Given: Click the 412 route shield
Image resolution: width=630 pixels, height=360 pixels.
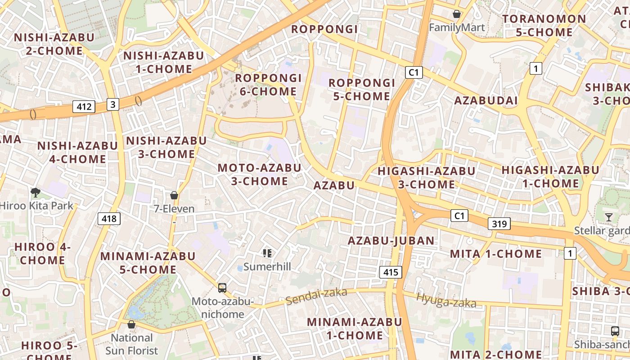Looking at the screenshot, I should click(84, 107).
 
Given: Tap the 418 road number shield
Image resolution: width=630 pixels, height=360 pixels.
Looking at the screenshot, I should click(109, 219).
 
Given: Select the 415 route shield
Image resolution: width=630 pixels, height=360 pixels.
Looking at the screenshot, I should click(390, 272).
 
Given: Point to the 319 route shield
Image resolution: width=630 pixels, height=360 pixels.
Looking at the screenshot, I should click(499, 224).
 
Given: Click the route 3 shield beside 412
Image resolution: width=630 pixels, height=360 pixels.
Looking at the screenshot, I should click(113, 104).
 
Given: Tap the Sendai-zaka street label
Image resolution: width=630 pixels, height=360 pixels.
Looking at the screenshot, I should click(316, 296).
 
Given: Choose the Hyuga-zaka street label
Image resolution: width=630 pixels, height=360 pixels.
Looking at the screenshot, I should click(446, 300).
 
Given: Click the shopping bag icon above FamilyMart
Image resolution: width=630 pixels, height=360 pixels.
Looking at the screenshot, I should click(457, 14).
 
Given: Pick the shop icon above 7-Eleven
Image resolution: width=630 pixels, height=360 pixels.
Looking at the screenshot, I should click(174, 195).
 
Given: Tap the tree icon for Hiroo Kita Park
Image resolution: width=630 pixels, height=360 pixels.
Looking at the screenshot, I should click(35, 193).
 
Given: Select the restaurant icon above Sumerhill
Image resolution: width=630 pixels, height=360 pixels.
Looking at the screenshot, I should click(267, 253).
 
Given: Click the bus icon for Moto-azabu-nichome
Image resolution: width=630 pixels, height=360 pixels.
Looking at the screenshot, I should click(222, 288).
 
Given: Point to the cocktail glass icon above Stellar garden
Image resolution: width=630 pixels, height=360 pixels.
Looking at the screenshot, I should click(609, 217).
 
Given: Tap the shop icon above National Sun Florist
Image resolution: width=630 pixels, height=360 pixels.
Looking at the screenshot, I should click(131, 324).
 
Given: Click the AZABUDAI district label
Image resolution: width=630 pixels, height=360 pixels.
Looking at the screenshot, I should click(486, 100).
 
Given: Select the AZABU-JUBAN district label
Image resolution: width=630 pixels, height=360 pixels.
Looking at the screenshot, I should click(391, 241).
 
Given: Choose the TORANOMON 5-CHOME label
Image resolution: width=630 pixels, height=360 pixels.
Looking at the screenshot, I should click(544, 26).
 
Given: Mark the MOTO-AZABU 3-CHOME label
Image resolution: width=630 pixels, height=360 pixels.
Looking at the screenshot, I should click(260, 175).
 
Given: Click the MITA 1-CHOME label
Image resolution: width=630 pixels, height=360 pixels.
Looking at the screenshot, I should click(496, 254).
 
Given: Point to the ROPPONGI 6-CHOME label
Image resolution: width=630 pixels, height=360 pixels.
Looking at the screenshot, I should click(268, 85).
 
